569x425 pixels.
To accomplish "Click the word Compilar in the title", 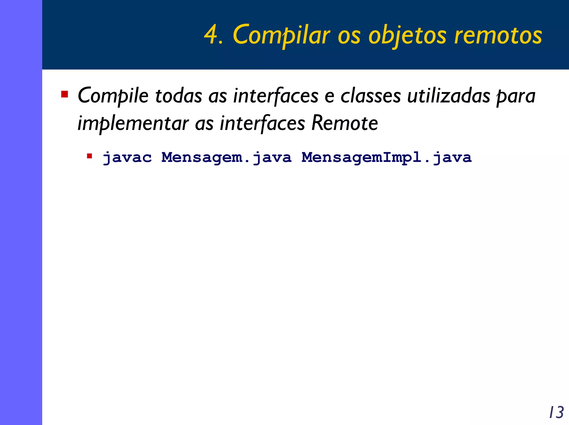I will pos(281,35).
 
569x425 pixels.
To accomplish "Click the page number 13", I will pos(556,412).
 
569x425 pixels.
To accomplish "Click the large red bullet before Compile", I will pos(65,94).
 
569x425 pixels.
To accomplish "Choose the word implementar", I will pos(133,123).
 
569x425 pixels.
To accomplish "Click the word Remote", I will pos(345,123).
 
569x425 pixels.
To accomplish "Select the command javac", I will pos(127,158).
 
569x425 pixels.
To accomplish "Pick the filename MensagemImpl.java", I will pos(386,158).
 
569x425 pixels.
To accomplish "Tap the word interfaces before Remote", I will pos(262,123).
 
